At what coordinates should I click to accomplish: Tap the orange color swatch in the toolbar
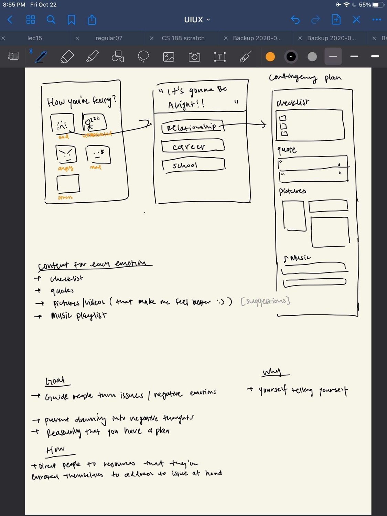pyautogui.click(x=270, y=57)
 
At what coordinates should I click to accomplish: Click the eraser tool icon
pyautogui.click(x=67, y=57)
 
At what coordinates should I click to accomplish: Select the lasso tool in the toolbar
pyautogui.click(x=143, y=57)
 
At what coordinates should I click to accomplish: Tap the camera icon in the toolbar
pyautogui.click(x=194, y=57)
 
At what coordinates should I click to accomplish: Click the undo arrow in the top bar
pyautogui.click(x=295, y=20)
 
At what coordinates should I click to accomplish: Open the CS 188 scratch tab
pyautogui.click(x=183, y=38)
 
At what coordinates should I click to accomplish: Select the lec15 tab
pyautogui.click(x=34, y=38)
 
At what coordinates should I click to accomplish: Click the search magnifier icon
pyautogui.click(x=51, y=20)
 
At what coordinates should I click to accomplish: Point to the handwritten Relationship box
pyautogui.click(x=192, y=127)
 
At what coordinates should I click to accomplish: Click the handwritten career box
pyautogui.click(x=193, y=146)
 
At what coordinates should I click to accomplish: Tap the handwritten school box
pyautogui.click(x=193, y=165)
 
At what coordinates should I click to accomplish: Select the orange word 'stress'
pyautogui.click(x=65, y=197)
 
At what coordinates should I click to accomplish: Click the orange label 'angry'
pyautogui.click(x=65, y=168)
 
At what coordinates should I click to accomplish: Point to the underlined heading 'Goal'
pyautogui.click(x=55, y=380)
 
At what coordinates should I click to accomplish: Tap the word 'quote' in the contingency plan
pyautogui.click(x=287, y=150)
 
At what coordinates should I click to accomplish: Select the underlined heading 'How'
pyautogui.click(x=56, y=450)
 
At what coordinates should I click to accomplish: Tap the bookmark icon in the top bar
pyautogui.click(x=72, y=20)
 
